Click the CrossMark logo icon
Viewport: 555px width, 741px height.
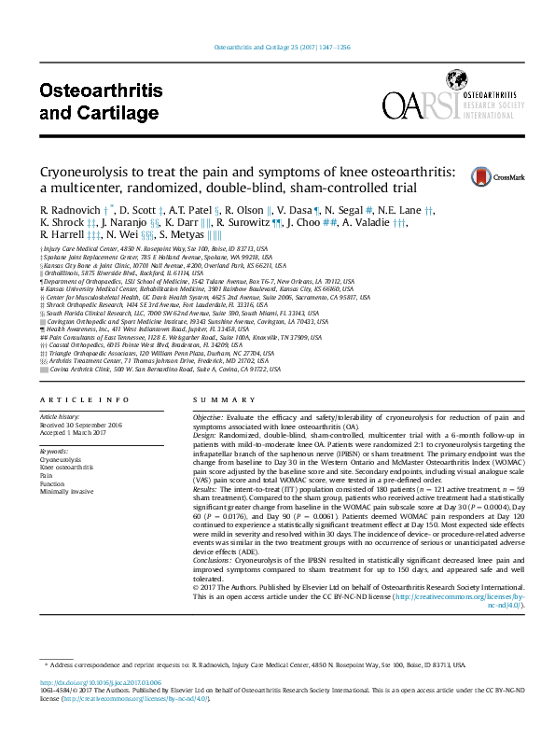coord(507,175)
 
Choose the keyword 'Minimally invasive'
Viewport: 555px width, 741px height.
coord(66,491)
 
